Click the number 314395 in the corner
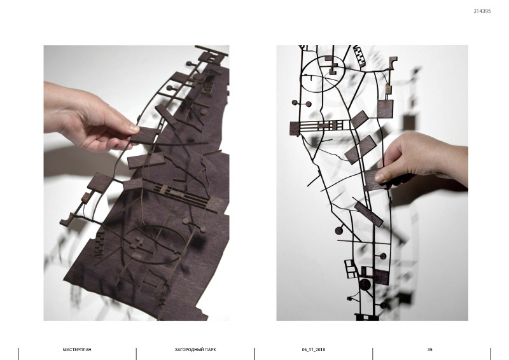482,11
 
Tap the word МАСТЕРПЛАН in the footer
77,350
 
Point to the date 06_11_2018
313,350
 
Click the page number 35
430,350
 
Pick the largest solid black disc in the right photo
365,284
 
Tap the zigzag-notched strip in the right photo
359,56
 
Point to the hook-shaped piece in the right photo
393,63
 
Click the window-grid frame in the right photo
351,269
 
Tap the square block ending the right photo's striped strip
294,128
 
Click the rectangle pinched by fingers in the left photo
145,135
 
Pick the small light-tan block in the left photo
87,197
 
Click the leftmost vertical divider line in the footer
18,354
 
